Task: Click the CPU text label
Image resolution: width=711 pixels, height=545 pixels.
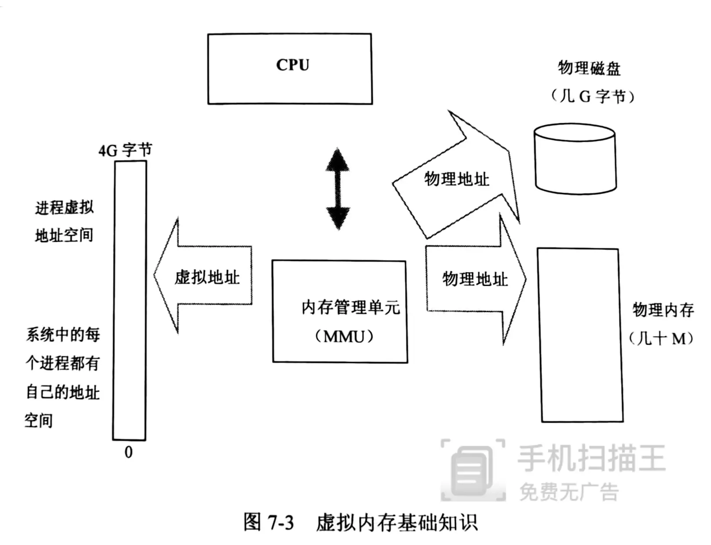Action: click(x=292, y=65)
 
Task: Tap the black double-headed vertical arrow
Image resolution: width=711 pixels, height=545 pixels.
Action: click(x=338, y=189)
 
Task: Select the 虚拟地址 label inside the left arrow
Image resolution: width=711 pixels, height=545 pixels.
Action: click(x=207, y=277)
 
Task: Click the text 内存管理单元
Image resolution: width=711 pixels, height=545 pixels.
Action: click(x=350, y=307)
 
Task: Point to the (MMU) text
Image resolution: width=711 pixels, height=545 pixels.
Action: click(x=344, y=336)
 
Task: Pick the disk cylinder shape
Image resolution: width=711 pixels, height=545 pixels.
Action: click(x=575, y=159)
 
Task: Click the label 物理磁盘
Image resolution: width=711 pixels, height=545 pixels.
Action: click(x=589, y=68)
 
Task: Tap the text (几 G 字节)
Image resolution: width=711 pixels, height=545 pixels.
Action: click(x=592, y=96)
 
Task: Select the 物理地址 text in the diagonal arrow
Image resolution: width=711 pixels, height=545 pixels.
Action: click(x=456, y=179)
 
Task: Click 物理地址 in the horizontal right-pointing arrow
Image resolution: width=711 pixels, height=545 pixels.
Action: click(x=475, y=278)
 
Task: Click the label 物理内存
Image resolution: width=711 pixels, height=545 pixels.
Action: click(x=663, y=310)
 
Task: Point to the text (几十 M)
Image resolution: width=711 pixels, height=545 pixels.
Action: click(x=661, y=338)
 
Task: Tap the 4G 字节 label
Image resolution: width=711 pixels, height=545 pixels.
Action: click(x=125, y=150)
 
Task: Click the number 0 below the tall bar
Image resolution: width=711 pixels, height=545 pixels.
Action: click(x=128, y=452)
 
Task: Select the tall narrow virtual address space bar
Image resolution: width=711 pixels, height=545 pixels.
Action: click(x=130, y=300)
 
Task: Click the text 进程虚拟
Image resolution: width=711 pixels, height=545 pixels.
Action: click(x=65, y=207)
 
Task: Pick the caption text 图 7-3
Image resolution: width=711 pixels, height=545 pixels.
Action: click(x=268, y=522)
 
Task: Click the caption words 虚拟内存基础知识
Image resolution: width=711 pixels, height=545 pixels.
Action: click(x=397, y=523)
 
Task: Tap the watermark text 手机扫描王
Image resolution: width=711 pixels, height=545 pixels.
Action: click(x=591, y=458)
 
